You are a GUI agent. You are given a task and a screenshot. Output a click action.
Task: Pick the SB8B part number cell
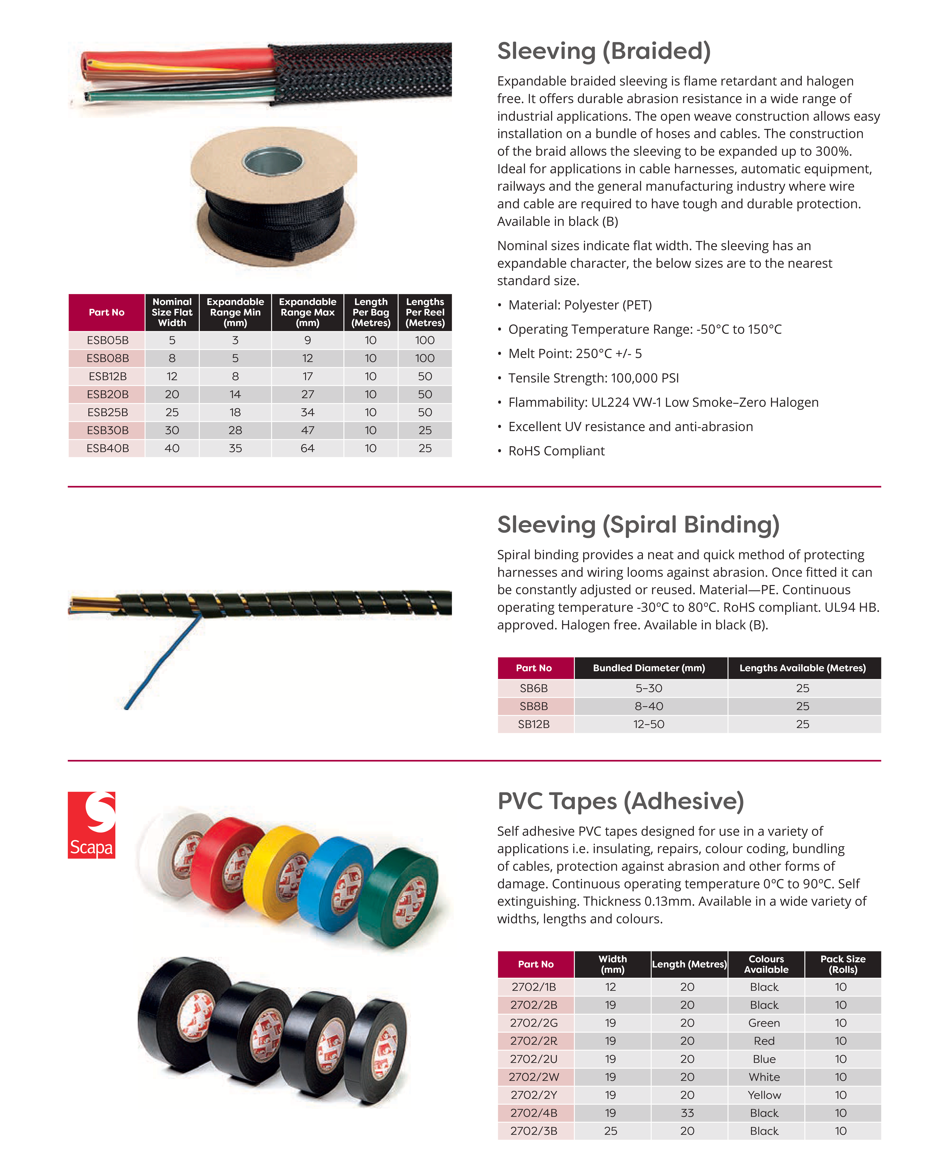[534, 706]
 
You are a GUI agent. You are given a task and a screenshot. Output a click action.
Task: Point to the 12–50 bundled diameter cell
[649, 724]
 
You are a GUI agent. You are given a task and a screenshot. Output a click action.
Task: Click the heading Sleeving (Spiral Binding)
[638, 525]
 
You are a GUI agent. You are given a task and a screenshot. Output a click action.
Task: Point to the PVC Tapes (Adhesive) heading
[621, 801]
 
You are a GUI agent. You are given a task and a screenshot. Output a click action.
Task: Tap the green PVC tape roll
[402, 896]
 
